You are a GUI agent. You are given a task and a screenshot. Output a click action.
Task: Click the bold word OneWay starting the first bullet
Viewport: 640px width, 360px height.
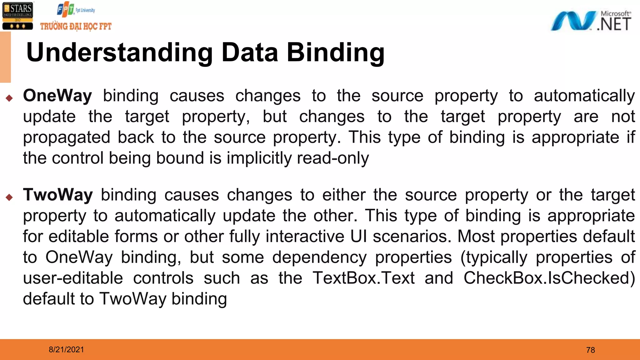click(x=57, y=96)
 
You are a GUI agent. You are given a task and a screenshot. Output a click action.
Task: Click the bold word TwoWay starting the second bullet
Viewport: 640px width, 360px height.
click(x=58, y=195)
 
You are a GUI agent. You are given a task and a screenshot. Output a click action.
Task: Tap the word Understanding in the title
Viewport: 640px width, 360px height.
click(x=119, y=52)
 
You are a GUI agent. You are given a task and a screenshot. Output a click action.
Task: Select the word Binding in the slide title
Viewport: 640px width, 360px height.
click(x=336, y=52)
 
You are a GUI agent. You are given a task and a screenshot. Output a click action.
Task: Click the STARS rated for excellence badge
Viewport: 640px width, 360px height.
click(x=17, y=16)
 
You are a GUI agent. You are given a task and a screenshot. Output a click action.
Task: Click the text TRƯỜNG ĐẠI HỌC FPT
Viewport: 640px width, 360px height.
click(x=76, y=26)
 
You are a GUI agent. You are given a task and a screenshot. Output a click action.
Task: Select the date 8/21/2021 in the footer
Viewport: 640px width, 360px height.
click(x=66, y=350)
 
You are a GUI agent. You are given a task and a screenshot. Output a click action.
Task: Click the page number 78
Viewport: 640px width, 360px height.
click(x=590, y=350)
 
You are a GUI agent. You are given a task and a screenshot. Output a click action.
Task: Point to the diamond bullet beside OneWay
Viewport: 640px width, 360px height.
click(x=9, y=98)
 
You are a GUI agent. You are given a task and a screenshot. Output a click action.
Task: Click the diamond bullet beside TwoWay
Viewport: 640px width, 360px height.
click(x=9, y=197)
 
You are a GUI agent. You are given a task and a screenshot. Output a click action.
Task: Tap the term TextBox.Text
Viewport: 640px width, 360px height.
click(x=364, y=278)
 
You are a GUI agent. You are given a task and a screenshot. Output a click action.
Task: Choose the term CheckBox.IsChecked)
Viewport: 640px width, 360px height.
click(x=549, y=278)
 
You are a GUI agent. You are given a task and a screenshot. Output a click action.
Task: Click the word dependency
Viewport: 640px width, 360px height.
click(x=319, y=257)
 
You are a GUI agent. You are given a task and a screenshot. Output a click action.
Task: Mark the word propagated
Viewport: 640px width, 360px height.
click(x=67, y=137)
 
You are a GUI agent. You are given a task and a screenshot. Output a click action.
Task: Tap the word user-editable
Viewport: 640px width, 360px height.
click(x=73, y=278)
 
